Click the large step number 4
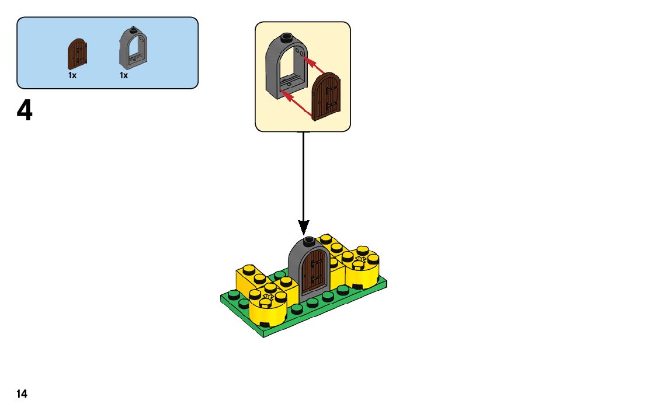25,111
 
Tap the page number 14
22,394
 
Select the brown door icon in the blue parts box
78,54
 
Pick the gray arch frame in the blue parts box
133,48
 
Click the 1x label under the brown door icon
72,75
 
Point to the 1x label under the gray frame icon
124,75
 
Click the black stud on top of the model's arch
309,239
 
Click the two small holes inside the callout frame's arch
300,53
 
